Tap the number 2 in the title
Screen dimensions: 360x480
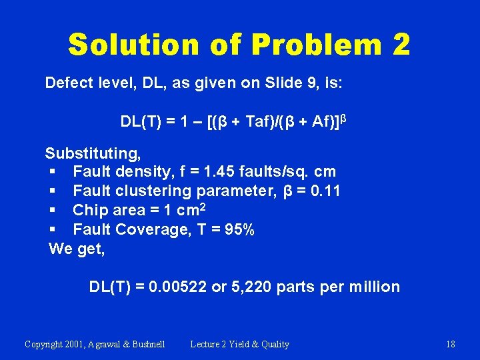coord(401,45)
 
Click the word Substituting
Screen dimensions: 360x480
coord(93,153)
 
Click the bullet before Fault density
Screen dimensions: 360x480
coord(53,172)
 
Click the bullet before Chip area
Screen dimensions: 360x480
coord(53,211)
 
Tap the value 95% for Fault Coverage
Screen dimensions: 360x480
coord(239,230)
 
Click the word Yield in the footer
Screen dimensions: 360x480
coord(243,344)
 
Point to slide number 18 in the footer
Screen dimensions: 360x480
coord(450,344)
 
